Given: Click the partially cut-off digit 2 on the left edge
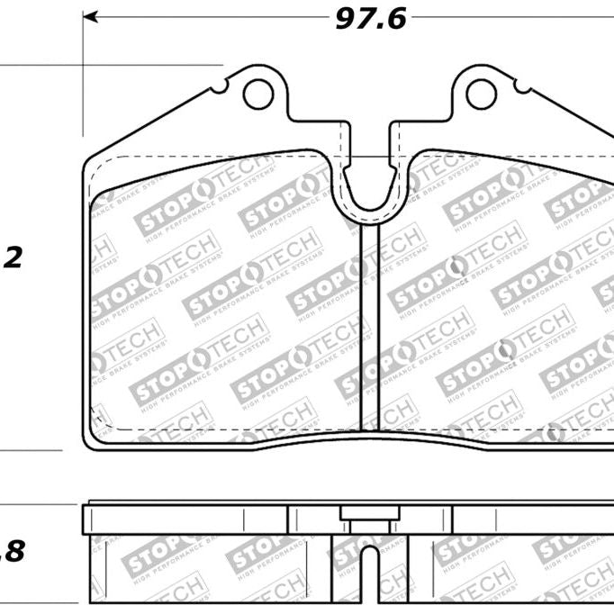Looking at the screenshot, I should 13,258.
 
